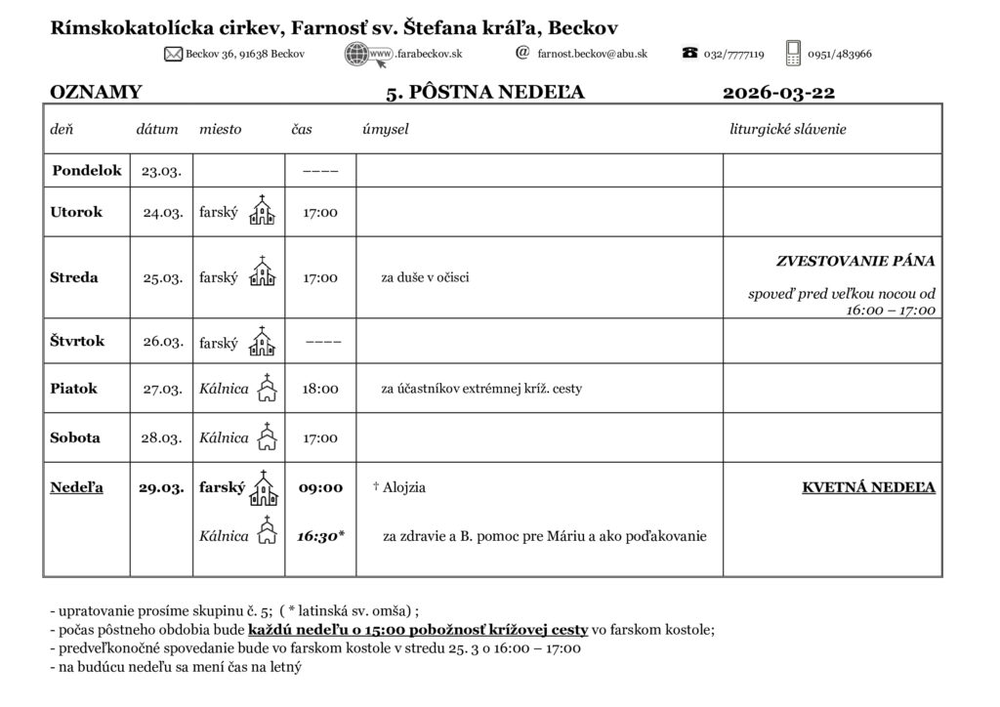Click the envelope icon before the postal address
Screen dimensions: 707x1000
pyautogui.click(x=175, y=54)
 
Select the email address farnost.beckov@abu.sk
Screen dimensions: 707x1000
pyautogui.click(x=592, y=54)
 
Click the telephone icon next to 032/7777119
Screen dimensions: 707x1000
pyautogui.click(x=689, y=54)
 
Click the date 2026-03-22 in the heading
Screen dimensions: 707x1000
pyautogui.click(x=778, y=93)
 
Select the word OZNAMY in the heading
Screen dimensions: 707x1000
pyautogui.click(x=96, y=93)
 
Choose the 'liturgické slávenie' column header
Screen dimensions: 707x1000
pyautogui.click(x=788, y=129)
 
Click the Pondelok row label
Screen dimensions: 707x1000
pyautogui.click(x=87, y=170)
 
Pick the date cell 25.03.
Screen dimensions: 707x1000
pyautogui.click(x=163, y=277)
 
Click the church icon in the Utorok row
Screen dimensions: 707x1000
pyautogui.click(x=262, y=211)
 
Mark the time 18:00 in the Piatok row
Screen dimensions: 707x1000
pyautogui.click(x=320, y=389)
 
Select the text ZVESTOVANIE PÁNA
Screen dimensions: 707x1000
pyautogui.click(x=855, y=261)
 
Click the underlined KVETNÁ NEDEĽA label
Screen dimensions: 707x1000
pyautogui.click(x=868, y=487)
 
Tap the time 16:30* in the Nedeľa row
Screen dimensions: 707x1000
pyautogui.click(x=320, y=536)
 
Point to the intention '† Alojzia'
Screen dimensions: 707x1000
pyautogui.click(x=399, y=487)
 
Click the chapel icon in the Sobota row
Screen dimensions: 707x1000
pyautogui.click(x=267, y=437)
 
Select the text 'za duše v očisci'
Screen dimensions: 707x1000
pyautogui.click(x=425, y=277)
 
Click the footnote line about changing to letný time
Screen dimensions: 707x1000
pyautogui.click(x=176, y=668)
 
